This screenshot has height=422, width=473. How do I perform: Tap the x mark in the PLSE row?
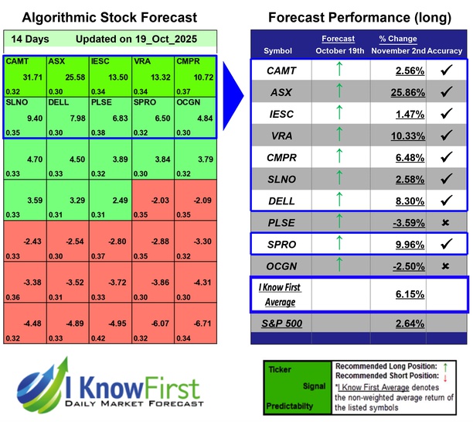(x=446, y=224)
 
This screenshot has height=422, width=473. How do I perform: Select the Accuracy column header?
(x=444, y=51)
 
